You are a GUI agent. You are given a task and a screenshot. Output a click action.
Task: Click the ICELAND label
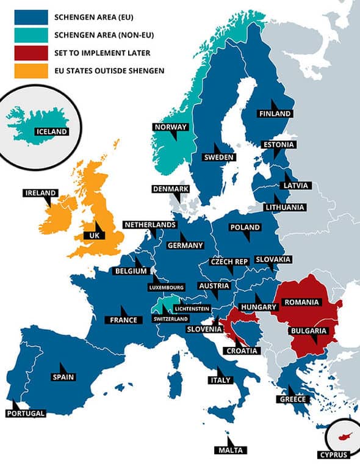(51, 131)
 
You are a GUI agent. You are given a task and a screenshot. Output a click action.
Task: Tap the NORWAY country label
(170, 127)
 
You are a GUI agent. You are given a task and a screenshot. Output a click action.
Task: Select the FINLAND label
(275, 114)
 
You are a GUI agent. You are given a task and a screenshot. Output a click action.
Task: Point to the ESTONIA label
(279, 145)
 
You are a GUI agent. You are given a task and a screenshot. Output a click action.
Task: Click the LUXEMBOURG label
(166, 286)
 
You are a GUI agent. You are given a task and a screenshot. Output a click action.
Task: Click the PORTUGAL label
(25, 413)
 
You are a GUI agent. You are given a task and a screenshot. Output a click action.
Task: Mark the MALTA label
(231, 450)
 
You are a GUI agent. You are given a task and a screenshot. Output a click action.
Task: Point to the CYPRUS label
(333, 454)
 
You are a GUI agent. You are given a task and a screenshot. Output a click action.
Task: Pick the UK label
(94, 234)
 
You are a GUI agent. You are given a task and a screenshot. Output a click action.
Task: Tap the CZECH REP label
(229, 261)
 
